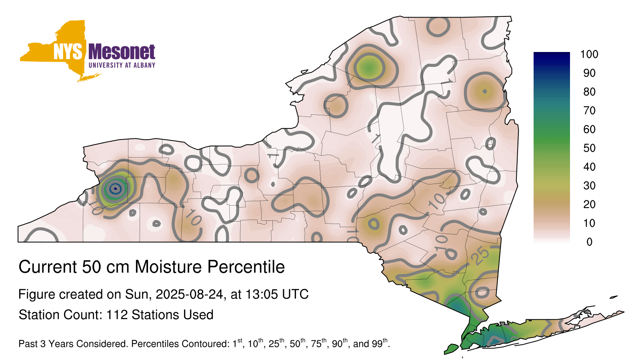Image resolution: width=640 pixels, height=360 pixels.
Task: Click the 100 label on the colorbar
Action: (589, 54)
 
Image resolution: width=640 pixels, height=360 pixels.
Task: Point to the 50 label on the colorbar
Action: (589, 148)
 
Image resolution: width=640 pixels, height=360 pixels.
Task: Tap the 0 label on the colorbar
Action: (590, 242)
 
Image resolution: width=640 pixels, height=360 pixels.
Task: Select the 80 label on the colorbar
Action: (589, 92)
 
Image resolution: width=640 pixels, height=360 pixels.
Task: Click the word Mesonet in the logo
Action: (122, 52)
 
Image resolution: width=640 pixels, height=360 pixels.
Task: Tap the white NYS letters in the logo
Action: (68, 52)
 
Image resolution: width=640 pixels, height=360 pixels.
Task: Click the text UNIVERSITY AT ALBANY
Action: (122, 65)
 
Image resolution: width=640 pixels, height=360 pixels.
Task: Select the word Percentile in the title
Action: (246, 267)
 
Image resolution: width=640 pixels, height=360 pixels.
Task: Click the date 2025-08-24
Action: (190, 294)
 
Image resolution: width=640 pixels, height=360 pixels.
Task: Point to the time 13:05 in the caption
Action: (261, 294)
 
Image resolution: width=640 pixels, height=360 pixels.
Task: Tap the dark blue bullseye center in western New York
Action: (115, 188)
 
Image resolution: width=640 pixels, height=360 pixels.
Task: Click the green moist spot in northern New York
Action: (369, 68)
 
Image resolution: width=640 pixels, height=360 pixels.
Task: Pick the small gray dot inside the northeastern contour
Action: (484, 92)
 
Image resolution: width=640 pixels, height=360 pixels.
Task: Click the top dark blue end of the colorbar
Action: (552, 55)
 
